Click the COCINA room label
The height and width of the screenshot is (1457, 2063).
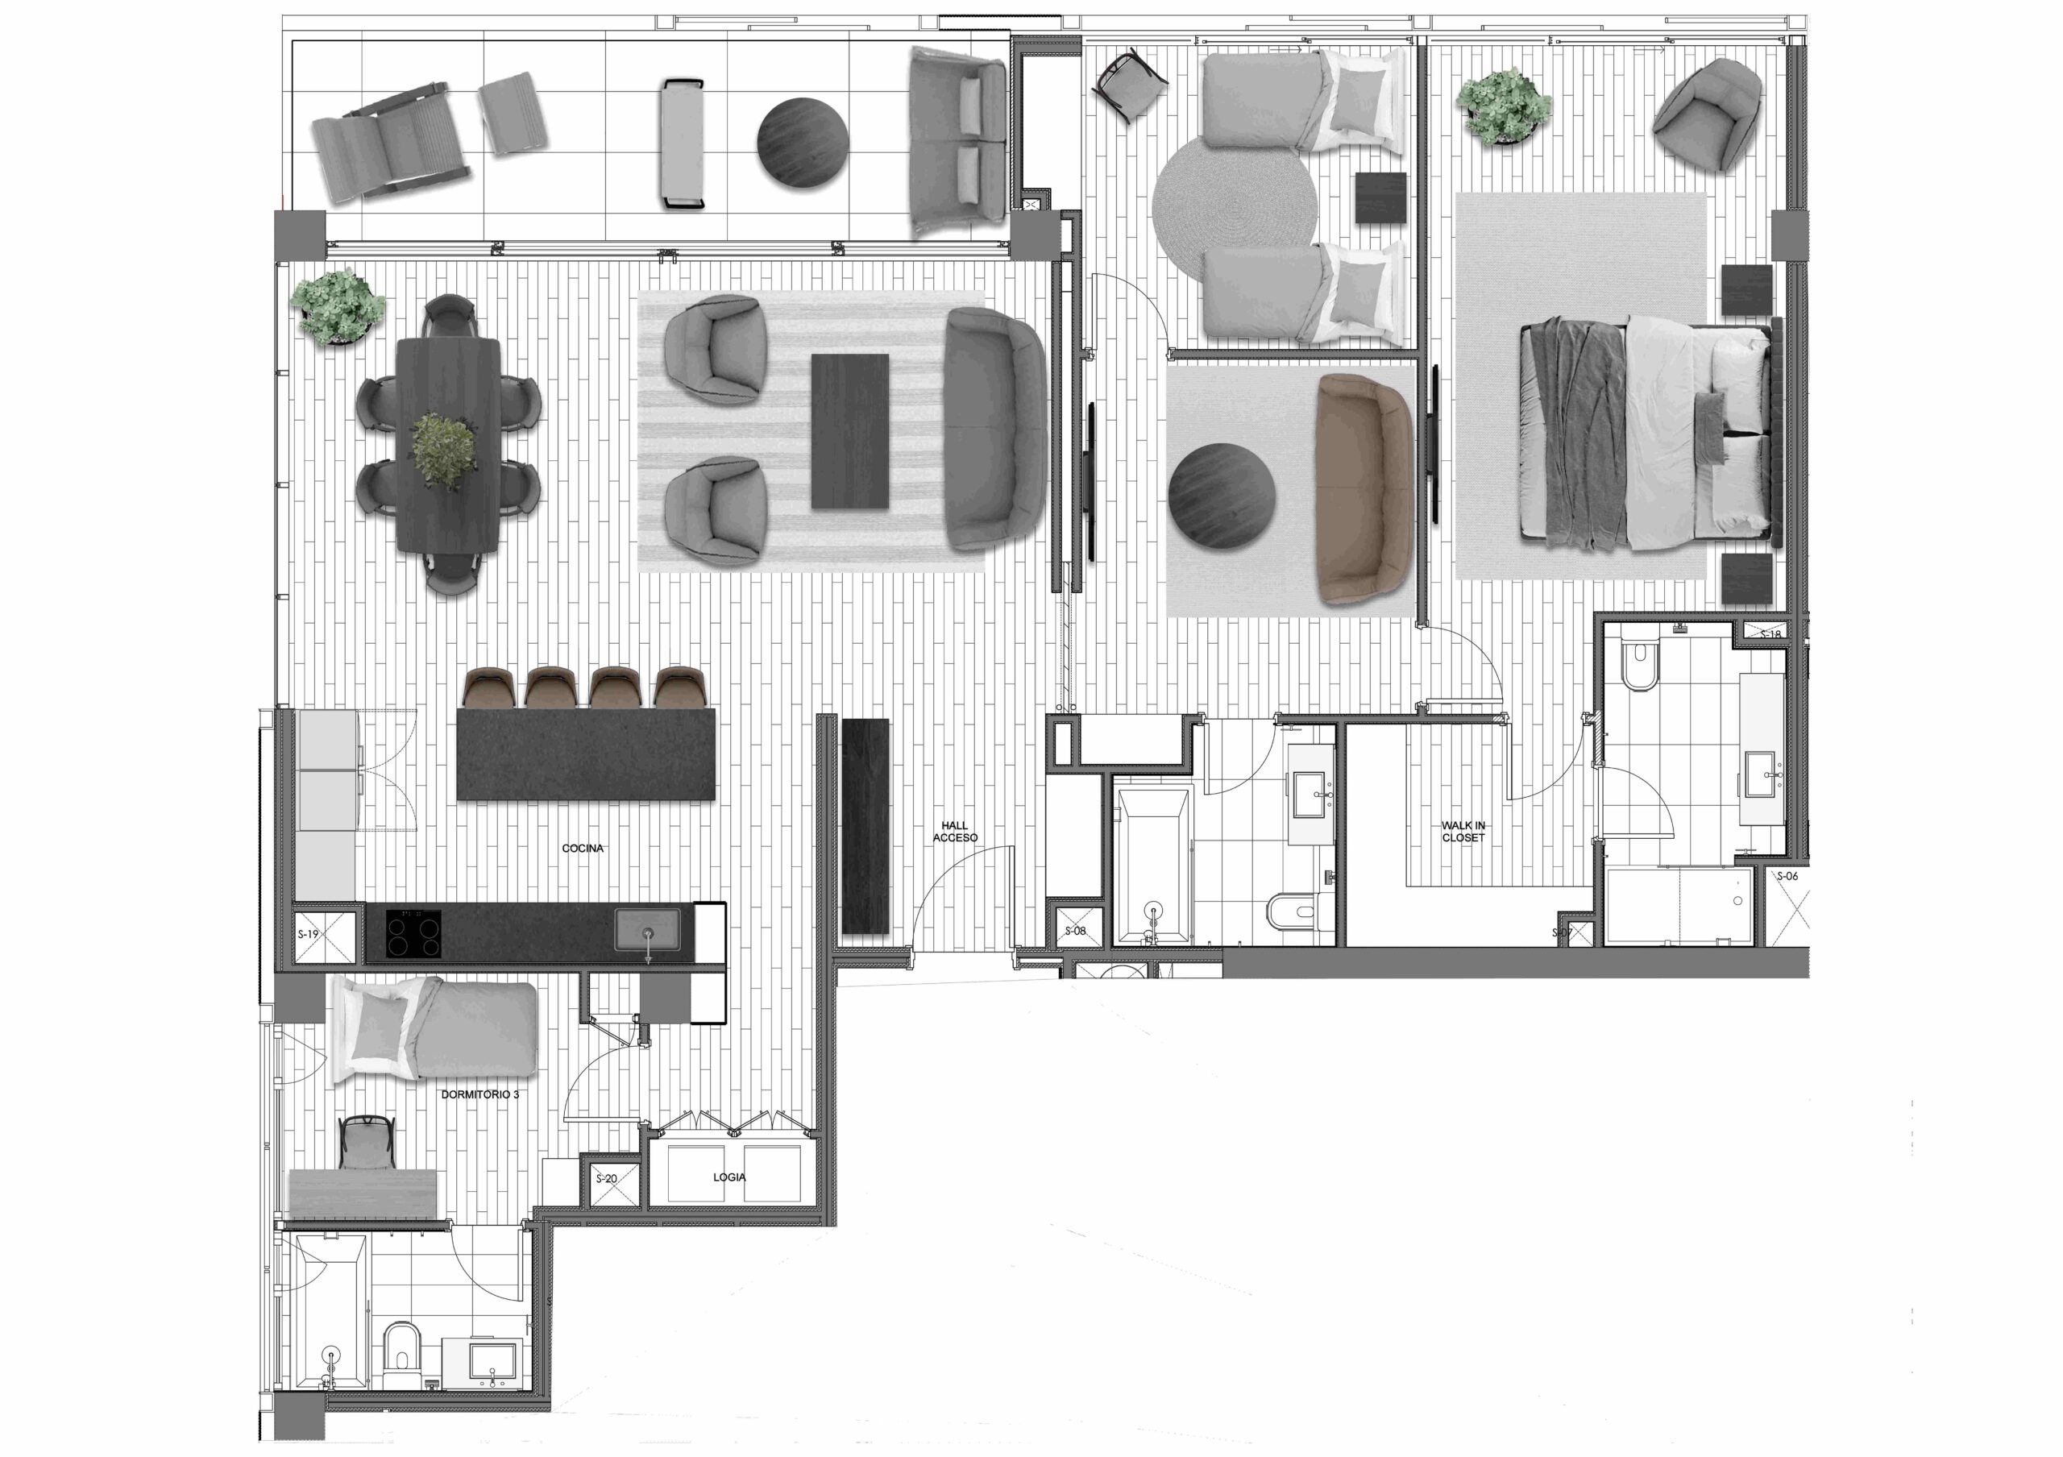(583, 848)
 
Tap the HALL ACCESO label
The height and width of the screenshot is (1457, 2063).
(955, 832)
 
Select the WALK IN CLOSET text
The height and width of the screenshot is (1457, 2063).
(1463, 831)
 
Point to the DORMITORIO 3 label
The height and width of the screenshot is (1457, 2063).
(479, 1095)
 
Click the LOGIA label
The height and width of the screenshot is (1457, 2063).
(728, 1177)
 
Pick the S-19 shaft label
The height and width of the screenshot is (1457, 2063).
(308, 934)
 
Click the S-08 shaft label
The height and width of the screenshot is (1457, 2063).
(1076, 931)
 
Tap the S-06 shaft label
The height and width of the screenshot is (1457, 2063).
(1788, 876)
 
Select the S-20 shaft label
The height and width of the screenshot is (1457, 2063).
(607, 1178)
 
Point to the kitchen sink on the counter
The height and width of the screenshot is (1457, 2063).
(648, 930)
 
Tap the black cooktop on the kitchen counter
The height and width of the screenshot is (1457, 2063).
(414, 933)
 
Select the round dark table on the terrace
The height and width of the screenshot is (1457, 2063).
(803, 142)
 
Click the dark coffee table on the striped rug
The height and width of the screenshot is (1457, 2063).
(850, 431)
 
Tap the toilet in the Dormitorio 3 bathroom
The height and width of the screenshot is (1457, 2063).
(401, 1370)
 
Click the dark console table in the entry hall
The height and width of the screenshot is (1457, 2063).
(865, 826)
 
